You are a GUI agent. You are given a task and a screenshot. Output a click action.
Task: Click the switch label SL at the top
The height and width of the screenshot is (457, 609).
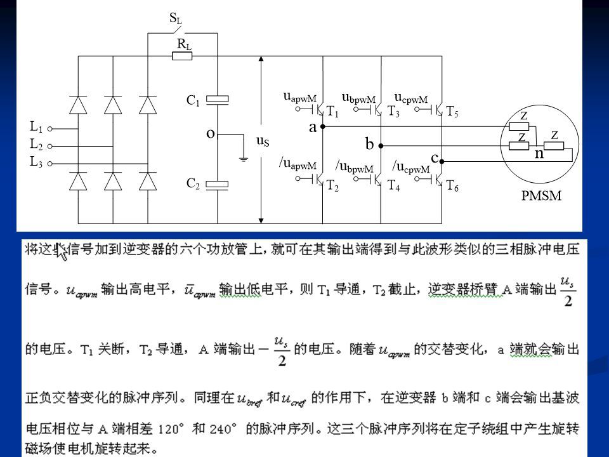click(176, 19)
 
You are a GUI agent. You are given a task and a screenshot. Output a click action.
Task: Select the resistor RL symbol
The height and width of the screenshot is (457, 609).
click(182, 56)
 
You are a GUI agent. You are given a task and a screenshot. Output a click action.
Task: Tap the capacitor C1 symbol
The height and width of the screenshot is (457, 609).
click(218, 99)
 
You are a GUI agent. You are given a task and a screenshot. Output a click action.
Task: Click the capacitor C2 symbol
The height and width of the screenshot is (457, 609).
click(218, 185)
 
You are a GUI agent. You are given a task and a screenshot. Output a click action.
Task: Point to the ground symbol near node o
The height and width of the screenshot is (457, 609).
click(243, 159)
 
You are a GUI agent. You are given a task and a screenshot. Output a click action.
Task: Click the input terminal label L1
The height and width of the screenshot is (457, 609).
click(36, 127)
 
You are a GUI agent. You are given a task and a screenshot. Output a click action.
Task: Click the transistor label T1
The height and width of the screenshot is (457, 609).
click(332, 112)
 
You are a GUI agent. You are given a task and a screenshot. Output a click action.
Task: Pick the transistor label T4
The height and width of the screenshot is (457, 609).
click(393, 186)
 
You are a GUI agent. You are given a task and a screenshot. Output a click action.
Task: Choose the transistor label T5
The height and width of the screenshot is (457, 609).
click(452, 112)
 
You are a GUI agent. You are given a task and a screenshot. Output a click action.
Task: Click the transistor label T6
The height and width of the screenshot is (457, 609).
click(452, 186)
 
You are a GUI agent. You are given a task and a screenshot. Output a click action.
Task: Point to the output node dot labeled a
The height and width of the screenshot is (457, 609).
click(322, 127)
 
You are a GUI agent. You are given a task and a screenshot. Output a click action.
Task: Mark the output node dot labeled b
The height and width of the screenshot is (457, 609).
click(381, 145)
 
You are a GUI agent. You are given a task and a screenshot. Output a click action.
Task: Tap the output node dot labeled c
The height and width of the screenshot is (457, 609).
click(441, 162)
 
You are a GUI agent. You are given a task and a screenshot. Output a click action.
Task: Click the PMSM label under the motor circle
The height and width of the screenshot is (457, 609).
click(541, 195)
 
